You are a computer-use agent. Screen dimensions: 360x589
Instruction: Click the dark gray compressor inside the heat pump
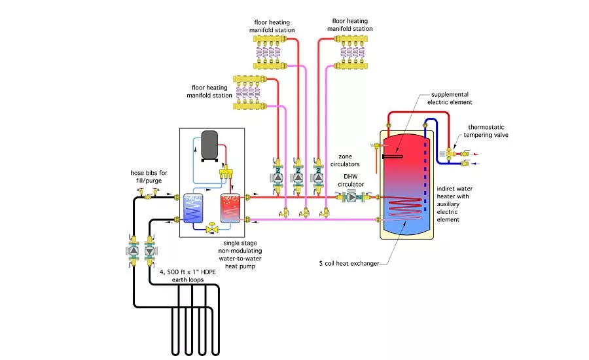click(x=210, y=144)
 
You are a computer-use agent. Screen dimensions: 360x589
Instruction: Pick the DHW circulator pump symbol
click(x=353, y=196)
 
